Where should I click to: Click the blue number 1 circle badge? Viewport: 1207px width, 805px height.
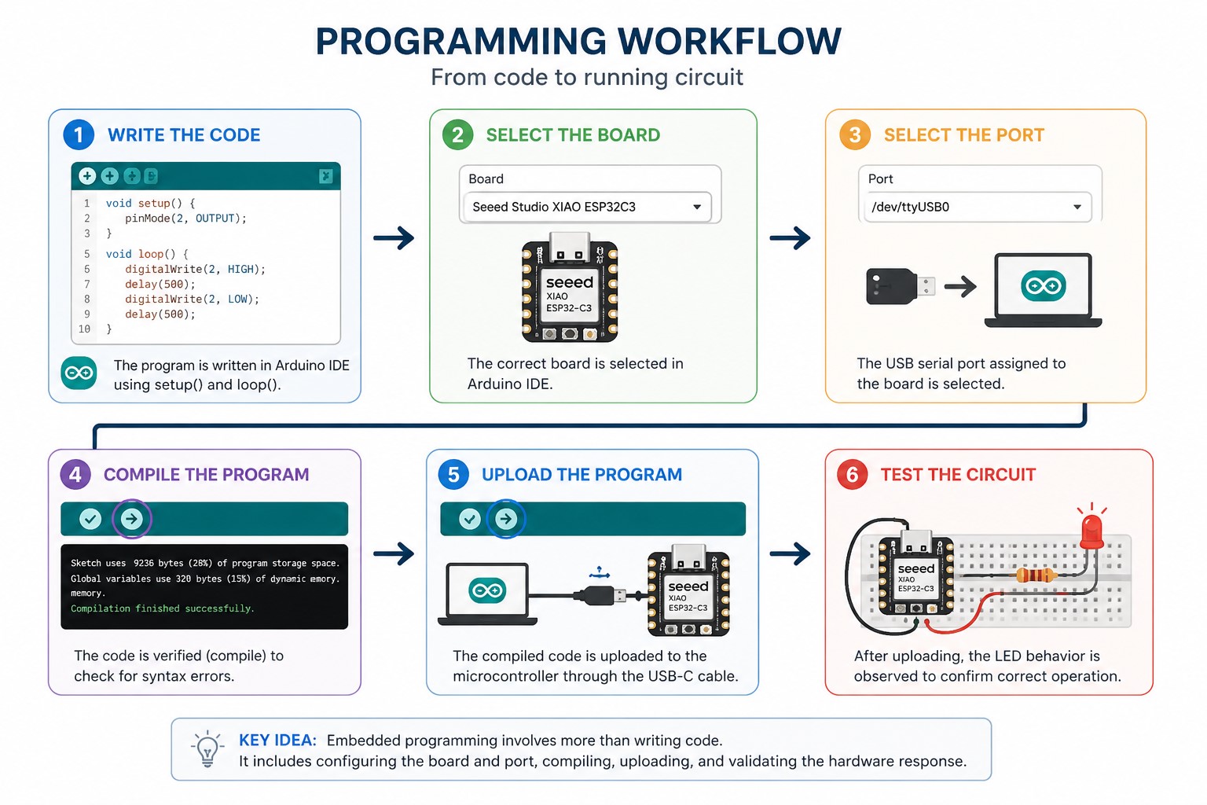[79, 134]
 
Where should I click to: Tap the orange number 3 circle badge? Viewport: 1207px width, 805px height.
[855, 134]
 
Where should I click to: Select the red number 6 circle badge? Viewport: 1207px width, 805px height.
[852, 475]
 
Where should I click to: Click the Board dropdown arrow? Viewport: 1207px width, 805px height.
[697, 207]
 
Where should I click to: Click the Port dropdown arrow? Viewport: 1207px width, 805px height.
[1077, 207]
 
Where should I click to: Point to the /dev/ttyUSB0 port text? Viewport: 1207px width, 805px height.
[910, 207]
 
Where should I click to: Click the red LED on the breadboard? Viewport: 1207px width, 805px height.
[1091, 531]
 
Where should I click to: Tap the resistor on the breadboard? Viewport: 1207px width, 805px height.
[1035, 576]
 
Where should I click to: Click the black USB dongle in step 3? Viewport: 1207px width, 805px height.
[900, 286]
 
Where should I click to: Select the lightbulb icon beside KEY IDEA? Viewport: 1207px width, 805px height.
[207, 748]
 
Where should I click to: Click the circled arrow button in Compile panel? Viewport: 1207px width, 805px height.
[131, 519]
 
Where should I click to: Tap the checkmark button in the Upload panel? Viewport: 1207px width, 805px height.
[470, 519]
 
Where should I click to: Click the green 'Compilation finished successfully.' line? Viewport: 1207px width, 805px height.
[162, 608]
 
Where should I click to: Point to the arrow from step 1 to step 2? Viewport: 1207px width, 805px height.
[394, 237]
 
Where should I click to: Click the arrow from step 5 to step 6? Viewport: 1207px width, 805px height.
[790, 553]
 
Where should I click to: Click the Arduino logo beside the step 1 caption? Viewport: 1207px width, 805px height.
[79, 373]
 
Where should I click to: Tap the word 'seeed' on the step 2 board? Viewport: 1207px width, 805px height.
[570, 282]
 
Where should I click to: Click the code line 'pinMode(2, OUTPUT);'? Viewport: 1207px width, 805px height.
[186, 219]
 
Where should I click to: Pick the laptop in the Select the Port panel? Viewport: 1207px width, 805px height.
[1044, 290]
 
